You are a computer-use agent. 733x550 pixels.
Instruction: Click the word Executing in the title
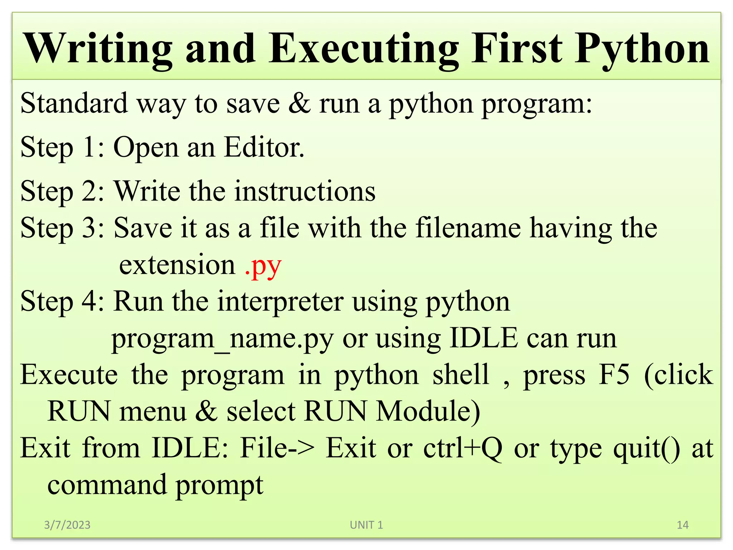coord(364,49)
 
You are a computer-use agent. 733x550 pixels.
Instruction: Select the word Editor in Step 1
coord(264,147)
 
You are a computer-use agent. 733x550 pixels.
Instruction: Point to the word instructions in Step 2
coord(305,191)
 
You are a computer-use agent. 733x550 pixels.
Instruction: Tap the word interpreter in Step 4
coord(280,301)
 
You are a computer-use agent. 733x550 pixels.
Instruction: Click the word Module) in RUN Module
coord(428,411)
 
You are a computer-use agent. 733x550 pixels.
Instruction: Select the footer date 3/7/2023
coord(67,525)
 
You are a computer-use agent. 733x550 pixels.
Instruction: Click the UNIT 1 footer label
coord(366,525)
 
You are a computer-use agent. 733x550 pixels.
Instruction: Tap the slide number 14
coord(683,525)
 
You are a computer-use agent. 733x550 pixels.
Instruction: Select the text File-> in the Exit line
coord(278,448)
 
